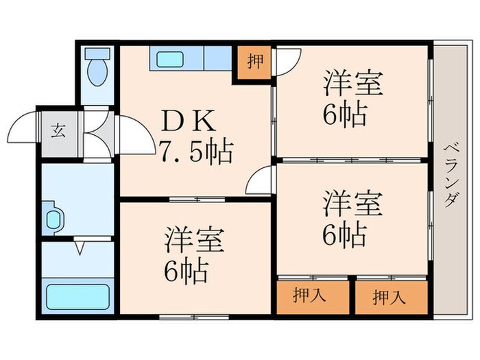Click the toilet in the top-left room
99,68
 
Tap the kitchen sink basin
169,59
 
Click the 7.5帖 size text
196,149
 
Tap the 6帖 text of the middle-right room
344,235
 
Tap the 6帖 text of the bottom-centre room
185,273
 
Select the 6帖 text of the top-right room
344,113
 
